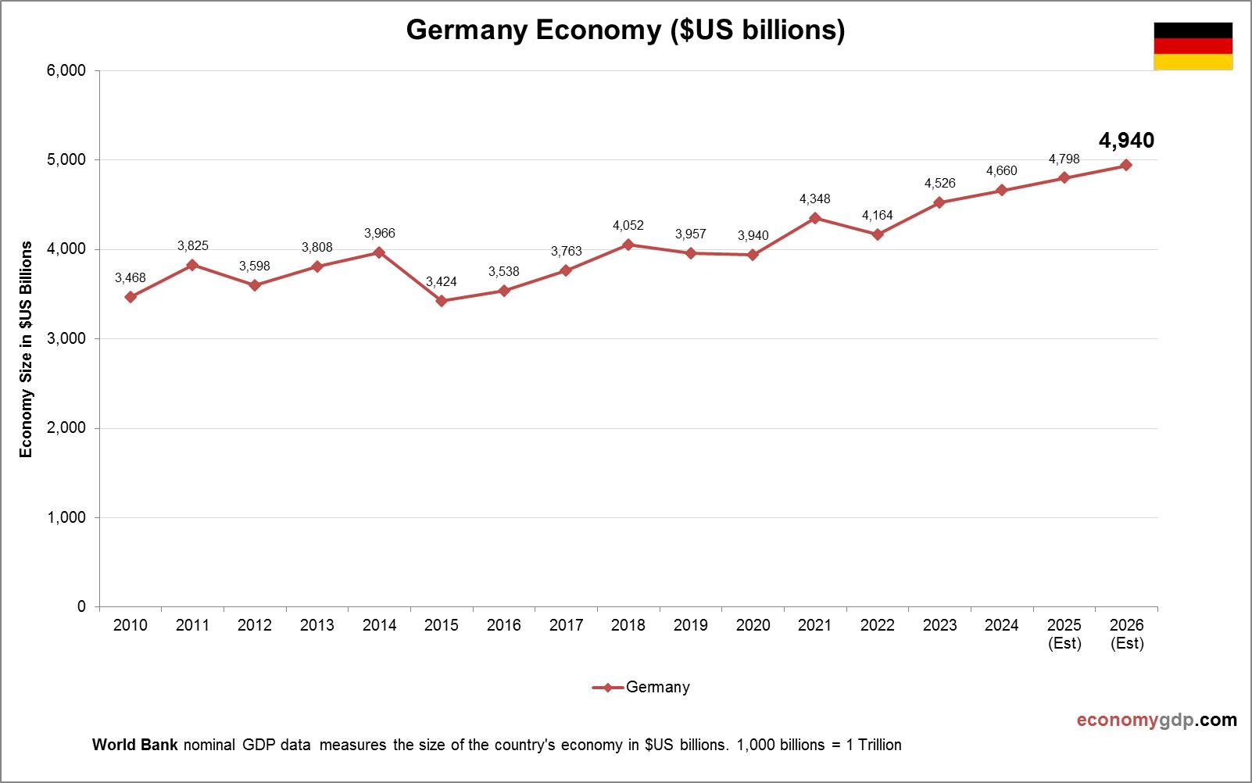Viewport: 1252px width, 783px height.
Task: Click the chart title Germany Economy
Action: (x=625, y=30)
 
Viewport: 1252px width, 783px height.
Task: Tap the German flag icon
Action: (x=1193, y=46)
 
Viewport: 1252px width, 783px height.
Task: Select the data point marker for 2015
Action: (x=442, y=301)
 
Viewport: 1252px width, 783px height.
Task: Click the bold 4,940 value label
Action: (x=1126, y=141)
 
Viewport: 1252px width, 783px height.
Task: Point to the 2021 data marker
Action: (x=815, y=218)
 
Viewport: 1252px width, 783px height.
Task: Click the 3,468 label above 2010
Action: (x=131, y=277)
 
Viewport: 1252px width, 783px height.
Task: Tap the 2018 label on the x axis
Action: (x=628, y=625)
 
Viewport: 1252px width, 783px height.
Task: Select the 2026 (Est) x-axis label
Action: (x=1127, y=634)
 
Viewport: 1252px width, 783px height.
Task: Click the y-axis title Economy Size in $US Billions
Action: (x=27, y=349)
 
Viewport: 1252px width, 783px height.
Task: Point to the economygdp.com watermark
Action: (x=1157, y=720)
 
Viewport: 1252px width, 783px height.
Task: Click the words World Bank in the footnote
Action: (x=136, y=745)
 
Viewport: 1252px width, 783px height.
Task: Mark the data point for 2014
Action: (x=379, y=252)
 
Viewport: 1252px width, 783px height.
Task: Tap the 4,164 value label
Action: (x=877, y=216)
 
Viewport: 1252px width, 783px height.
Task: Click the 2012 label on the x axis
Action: (x=255, y=625)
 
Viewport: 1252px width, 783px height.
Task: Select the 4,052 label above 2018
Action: (x=628, y=226)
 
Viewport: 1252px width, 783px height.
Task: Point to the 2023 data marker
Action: (x=939, y=202)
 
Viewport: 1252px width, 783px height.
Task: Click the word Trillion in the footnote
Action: (x=879, y=745)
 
